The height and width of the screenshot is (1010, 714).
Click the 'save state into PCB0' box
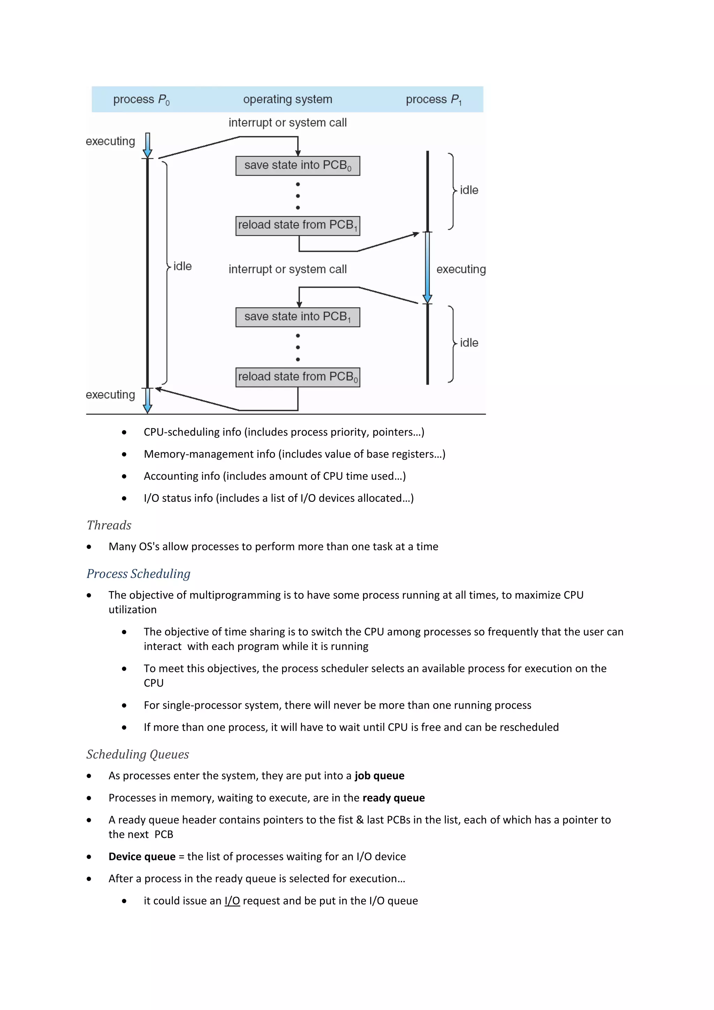298,166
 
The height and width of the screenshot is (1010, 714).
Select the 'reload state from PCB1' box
298,226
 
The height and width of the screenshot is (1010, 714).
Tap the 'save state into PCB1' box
298,317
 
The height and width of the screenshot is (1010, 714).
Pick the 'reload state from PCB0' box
298,377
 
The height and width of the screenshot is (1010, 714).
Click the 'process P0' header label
141,100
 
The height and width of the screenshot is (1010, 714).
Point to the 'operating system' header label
288,99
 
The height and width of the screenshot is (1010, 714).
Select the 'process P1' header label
433,100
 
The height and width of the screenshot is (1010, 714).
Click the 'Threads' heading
109,525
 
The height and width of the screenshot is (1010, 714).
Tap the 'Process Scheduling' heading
138,574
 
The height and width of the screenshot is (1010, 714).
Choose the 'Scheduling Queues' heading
138,754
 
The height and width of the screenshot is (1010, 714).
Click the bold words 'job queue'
379,776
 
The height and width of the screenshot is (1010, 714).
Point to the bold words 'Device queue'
142,857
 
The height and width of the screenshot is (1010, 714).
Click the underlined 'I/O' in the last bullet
232,901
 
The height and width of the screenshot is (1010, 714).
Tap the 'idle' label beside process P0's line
182,266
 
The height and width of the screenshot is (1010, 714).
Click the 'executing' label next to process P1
461,269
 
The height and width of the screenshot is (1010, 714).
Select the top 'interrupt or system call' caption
288,123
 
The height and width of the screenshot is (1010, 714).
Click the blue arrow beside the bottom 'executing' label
148,400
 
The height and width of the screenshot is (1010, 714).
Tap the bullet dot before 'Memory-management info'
124,454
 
